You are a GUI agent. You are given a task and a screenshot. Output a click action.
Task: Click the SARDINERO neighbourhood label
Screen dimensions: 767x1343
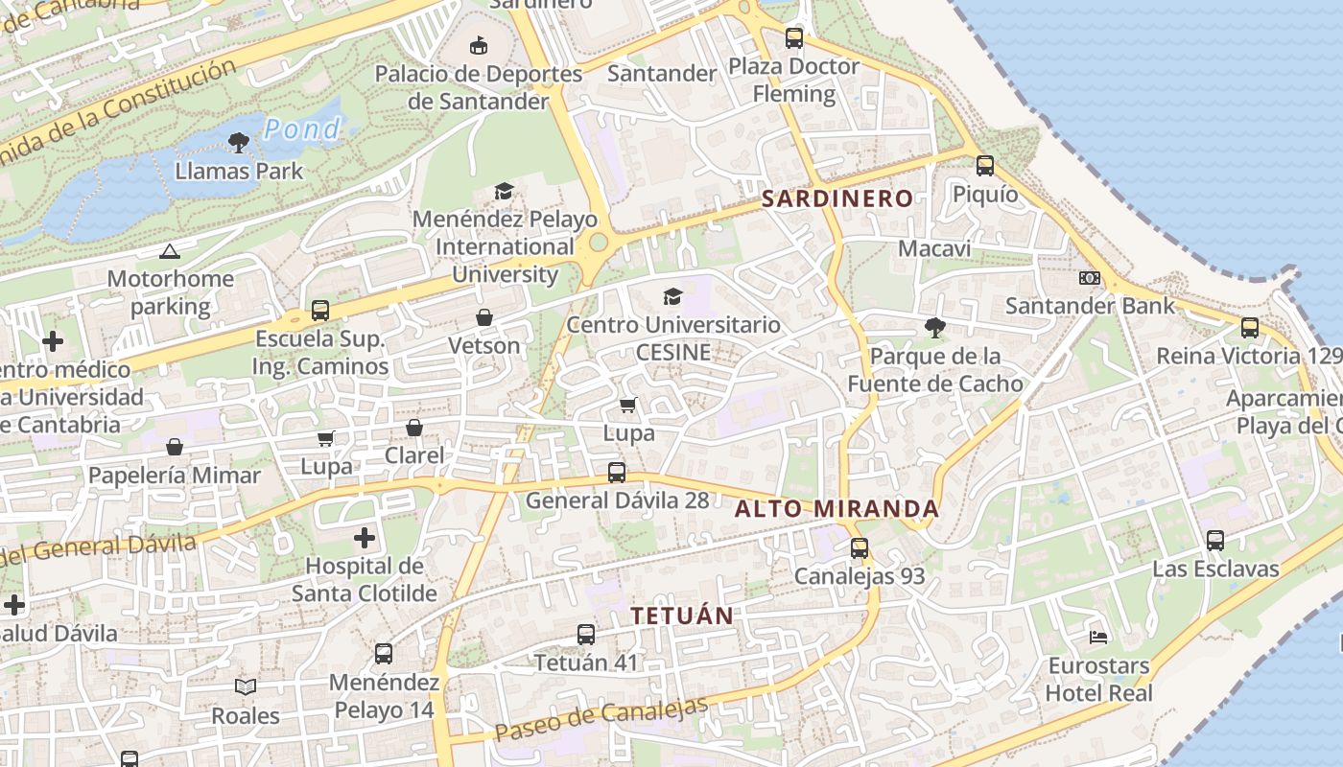pyautogui.click(x=836, y=199)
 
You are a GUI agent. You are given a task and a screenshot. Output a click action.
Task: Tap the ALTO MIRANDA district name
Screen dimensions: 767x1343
pyautogui.click(x=836, y=509)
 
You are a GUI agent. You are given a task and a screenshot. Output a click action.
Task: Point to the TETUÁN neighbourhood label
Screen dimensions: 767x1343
pyautogui.click(x=682, y=616)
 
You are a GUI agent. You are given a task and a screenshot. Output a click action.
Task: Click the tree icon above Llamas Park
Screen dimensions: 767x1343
pyautogui.click(x=239, y=144)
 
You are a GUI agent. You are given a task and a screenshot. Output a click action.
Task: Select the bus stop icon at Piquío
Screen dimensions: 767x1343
pyautogui.click(x=985, y=166)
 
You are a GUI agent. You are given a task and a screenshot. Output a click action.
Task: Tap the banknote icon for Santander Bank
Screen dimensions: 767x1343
pyautogui.click(x=1090, y=278)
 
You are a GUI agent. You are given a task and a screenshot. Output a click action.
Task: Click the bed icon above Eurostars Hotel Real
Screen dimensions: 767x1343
pyautogui.click(x=1098, y=638)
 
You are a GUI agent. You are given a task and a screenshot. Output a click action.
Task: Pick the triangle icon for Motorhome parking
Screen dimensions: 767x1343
pyautogui.click(x=170, y=252)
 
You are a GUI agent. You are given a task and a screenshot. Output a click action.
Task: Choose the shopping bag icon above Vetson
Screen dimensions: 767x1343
pyautogui.click(x=484, y=317)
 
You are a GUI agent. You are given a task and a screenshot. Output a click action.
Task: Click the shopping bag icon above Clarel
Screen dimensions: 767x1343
pyautogui.click(x=414, y=428)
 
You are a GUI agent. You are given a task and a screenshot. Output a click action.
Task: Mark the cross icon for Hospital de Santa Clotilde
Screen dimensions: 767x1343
pyautogui.click(x=365, y=538)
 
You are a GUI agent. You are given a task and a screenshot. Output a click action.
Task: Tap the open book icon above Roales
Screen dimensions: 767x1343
pyautogui.click(x=246, y=687)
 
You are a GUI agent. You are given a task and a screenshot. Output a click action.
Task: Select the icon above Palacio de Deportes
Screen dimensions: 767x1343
pyautogui.click(x=479, y=45)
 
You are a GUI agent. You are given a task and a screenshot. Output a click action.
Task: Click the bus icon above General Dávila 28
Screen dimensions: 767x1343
pyautogui.click(x=617, y=473)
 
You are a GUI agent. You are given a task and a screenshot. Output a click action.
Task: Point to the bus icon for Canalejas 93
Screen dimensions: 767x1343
pyautogui.click(x=860, y=548)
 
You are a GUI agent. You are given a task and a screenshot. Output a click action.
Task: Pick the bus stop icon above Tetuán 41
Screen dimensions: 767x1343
pyautogui.click(x=586, y=635)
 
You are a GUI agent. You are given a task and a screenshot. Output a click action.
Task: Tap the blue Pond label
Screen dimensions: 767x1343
pyautogui.click(x=302, y=129)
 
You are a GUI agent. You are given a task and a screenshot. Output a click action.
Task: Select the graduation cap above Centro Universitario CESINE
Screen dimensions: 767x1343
pyautogui.click(x=673, y=297)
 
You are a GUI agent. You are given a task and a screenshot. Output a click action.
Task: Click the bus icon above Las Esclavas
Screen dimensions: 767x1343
pyautogui.click(x=1215, y=541)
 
